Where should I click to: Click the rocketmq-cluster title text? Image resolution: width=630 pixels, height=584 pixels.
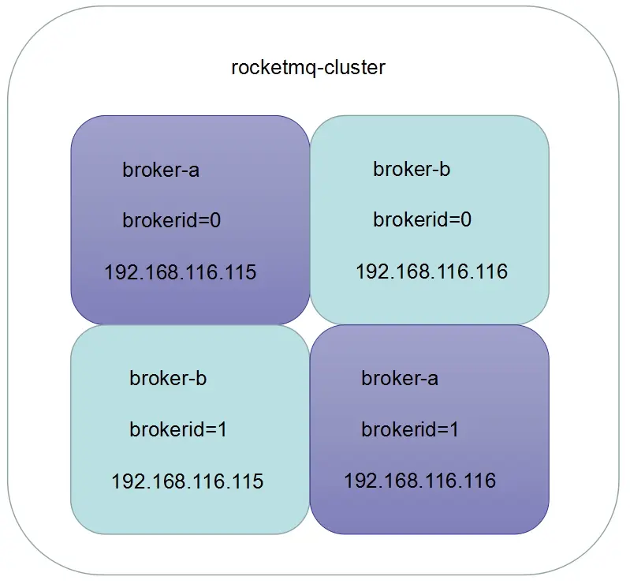pos(308,67)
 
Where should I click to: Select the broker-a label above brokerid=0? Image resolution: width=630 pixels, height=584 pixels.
pos(161,170)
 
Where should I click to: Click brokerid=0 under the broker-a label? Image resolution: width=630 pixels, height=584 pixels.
pos(172,220)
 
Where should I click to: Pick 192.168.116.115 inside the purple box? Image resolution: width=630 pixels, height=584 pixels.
pos(181,272)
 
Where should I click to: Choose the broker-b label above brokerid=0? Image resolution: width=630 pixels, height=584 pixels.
pos(412,169)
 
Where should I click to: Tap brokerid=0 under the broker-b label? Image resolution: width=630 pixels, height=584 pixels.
pos(423,219)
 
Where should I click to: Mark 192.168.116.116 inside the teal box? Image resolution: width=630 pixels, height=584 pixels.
pos(431,271)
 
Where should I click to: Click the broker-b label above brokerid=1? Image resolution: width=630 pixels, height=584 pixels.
pos(168,379)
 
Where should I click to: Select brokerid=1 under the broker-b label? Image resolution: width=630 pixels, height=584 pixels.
pos(178,430)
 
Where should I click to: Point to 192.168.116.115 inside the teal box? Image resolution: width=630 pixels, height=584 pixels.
pos(188,481)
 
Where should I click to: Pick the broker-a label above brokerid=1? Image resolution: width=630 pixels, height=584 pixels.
pos(400,379)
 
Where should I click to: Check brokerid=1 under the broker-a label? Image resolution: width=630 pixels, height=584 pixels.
pos(410,430)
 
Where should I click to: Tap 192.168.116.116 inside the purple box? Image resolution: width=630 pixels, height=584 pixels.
pos(419,480)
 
